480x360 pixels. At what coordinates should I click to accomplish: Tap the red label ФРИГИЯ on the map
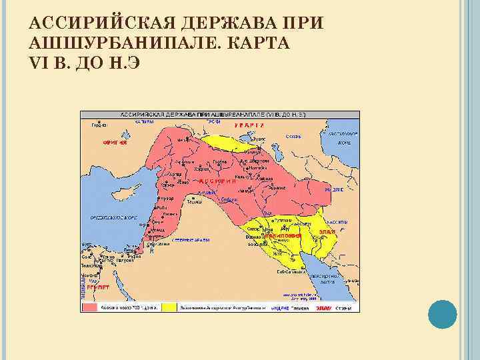coord(115,143)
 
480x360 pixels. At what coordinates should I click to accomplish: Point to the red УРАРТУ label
coord(249,125)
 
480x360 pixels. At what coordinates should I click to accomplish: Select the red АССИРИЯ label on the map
coord(217,181)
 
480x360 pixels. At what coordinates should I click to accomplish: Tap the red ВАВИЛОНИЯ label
coord(283,236)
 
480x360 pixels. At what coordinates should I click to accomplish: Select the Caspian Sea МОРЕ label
coord(343,143)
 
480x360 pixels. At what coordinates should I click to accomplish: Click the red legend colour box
coord(91,308)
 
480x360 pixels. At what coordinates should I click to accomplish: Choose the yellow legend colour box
coord(168,308)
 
